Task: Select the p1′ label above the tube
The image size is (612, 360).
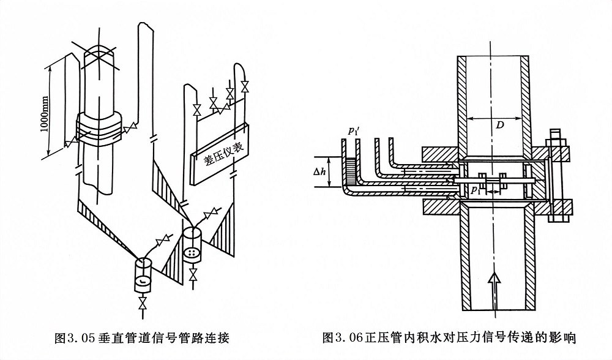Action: [353, 130]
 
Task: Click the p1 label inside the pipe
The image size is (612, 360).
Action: [476, 191]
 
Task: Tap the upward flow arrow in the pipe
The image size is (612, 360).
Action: [494, 287]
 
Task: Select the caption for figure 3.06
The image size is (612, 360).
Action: [450, 337]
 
